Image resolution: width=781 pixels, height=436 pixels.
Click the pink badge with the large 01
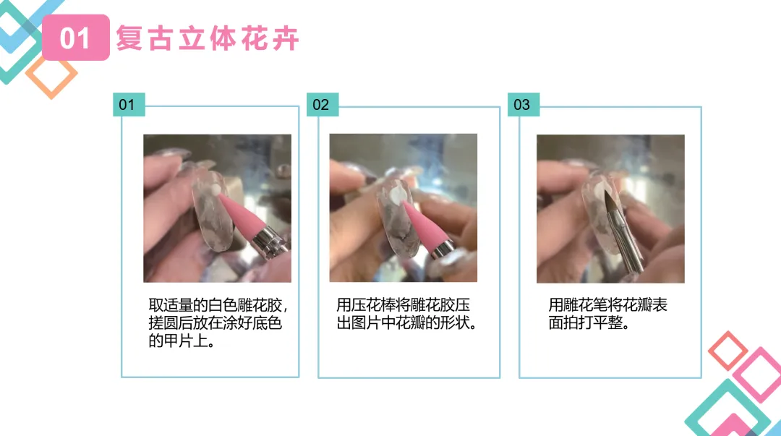pyautogui.click(x=76, y=38)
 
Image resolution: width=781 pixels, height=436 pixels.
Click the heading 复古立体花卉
pyautogui.click(x=208, y=38)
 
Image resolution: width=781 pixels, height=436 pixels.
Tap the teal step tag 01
pyautogui.click(x=129, y=105)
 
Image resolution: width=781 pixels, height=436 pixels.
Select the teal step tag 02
pyautogui.click(x=323, y=105)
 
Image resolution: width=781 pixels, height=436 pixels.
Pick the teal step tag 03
pyautogui.click(x=524, y=105)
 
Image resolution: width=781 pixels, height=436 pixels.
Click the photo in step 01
pyautogui.click(x=217, y=208)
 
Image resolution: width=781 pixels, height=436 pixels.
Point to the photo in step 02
pyautogui.click(x=403, y=208)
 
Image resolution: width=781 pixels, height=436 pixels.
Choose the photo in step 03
pyautogui.click(x=610, y=209)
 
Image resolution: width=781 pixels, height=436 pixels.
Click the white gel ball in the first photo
pyautogui.click(x=215, y=190)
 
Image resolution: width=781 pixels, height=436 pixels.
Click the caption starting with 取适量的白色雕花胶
pyautogui.click(x=218, y=323)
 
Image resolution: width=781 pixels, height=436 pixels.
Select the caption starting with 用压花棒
pyautogui.click(x=407, y=314)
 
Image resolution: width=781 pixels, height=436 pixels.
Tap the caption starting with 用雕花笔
pyautogui.click(x=607, y=314)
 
